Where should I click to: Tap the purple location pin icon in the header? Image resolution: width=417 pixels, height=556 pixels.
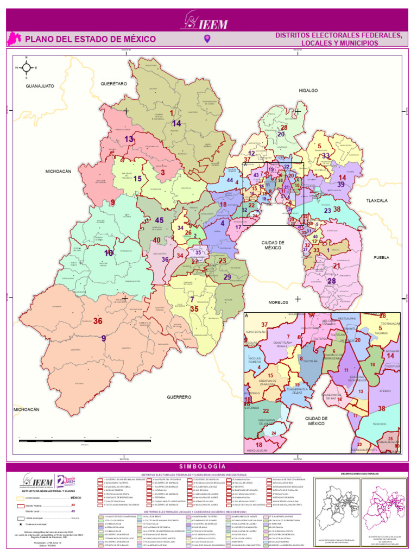point(206,39)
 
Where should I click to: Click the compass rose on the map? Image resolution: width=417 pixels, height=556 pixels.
point(26,68)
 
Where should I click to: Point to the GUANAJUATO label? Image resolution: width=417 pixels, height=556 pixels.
point(40,86)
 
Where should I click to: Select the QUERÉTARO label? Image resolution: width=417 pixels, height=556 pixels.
point(113,84)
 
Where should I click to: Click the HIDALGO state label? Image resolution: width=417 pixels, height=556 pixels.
point(308,91)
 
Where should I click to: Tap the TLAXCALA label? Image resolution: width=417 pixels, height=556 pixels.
point(377,201)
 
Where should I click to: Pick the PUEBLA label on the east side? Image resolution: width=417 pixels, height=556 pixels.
point(382,257)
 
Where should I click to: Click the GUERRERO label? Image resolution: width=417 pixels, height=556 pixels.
point(179,397)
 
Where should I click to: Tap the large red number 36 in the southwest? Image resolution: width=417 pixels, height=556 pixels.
point(98,321)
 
